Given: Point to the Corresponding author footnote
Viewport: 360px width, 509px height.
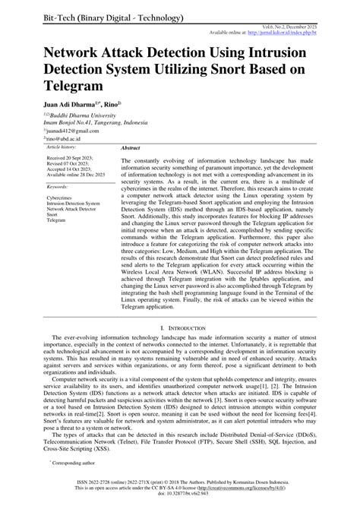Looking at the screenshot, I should [69, 460].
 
